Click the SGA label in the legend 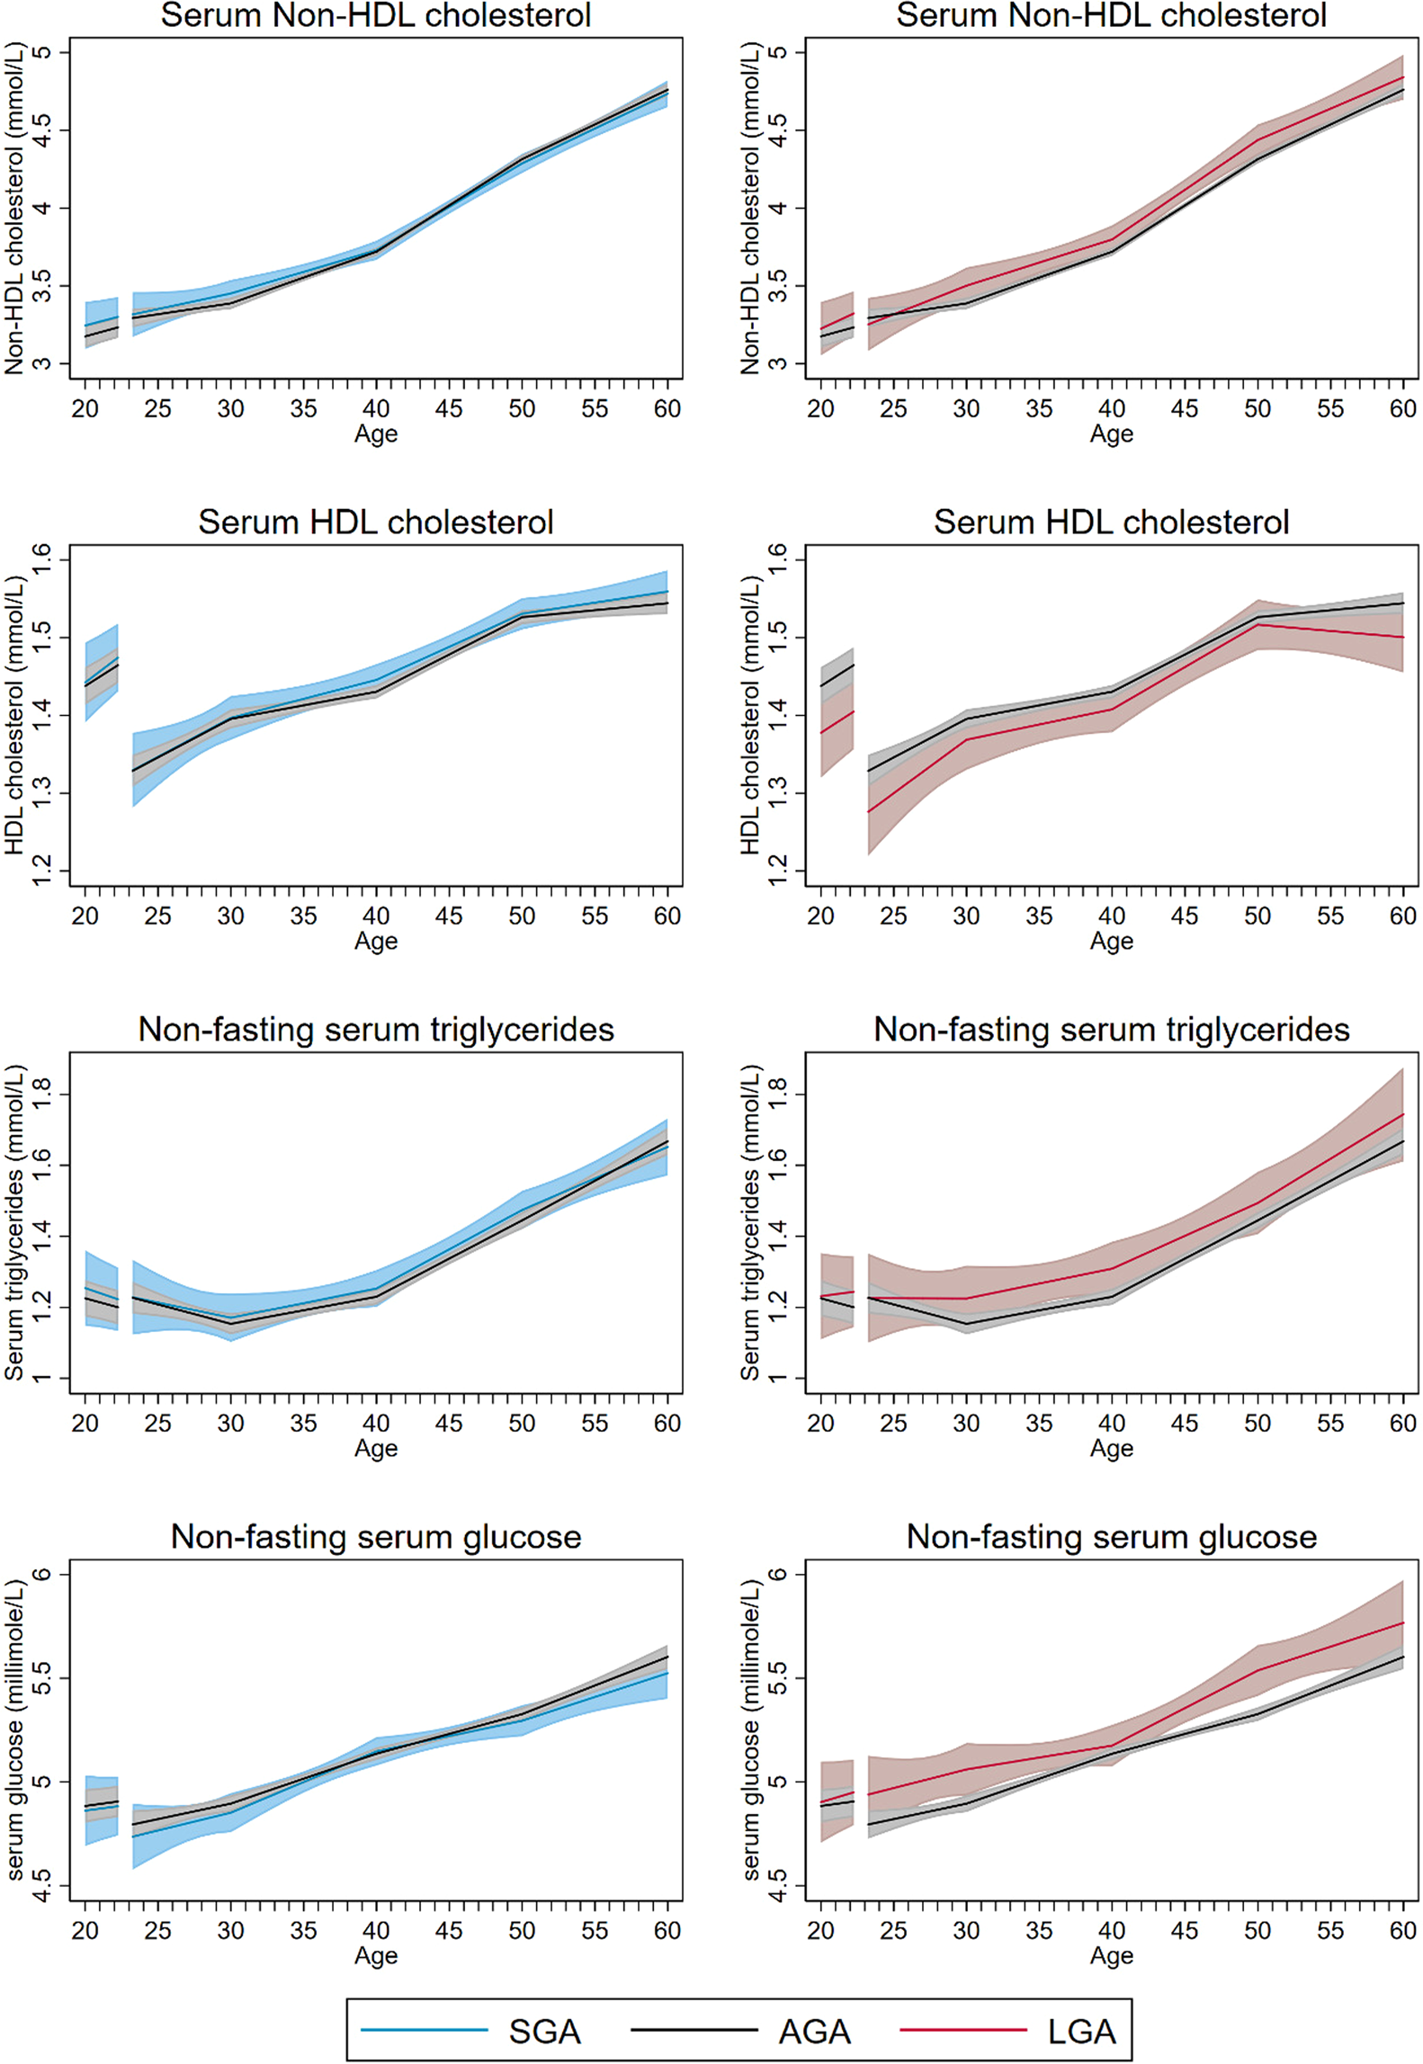pos(544,2031)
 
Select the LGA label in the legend pos(1081,2031)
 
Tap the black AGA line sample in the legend pos(694,2030)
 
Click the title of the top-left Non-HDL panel pos(376,15)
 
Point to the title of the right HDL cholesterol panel pos(1111,523)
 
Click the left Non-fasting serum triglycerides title pos(376,1030)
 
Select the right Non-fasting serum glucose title pos(1111,1537)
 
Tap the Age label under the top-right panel pos(1111,434)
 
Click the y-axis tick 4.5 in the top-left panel pos(41,130)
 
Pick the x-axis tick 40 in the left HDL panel pos(376,916)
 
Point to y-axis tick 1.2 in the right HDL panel pos(777,871)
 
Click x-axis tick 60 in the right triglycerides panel pos(1402,1424)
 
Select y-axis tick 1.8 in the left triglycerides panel pos(41,1095)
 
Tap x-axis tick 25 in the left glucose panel pos(157,1931)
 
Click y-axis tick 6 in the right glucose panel pos(777,1574)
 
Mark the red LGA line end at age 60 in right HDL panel pos(1402,637)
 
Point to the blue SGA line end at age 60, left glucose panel pos(667,1673)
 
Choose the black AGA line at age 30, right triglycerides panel pos(966,1323)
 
